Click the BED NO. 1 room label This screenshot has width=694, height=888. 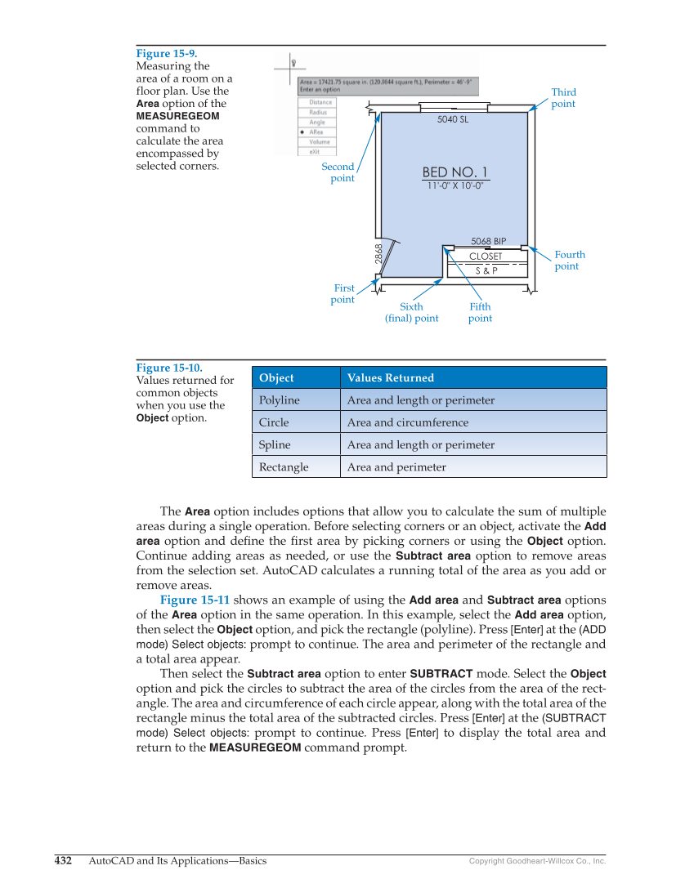(x=454, y=172)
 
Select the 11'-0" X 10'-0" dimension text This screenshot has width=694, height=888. (x=454, y=185)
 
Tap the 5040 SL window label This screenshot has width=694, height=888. (x=453, y=119)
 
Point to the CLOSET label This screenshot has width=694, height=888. (x=486, y=257)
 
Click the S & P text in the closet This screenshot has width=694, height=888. (x=486, y=270)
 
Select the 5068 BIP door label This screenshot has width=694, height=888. (x=488, y=241)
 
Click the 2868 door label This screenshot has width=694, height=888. (x=378, y=253)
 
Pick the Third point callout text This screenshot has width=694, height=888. (x=563, y=98)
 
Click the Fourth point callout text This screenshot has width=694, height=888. (x=569, y=261)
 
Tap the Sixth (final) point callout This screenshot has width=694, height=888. (x=411, y=313)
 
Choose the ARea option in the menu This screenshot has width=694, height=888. (x=316, y=132)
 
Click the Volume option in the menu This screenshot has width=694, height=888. (x=319, y=141)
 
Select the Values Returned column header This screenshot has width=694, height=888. (x=390, y=377)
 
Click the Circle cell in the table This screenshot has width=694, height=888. (x=274, y=422)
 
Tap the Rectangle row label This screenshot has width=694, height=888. (x=284, y=467)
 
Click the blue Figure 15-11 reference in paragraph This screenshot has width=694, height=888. (x=195, y=600)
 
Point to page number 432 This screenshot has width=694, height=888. (x=63, y=860)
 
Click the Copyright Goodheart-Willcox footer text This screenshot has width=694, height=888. (x=536, y=861)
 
